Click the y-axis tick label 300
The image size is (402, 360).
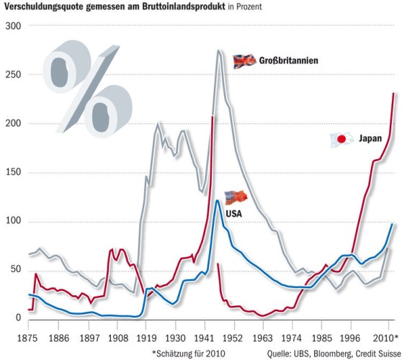point(12,26)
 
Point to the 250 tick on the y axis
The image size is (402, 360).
point(12,75)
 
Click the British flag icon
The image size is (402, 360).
point(244,61)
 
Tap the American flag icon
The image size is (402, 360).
point(235,197)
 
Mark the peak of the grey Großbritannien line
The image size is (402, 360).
point(218,51)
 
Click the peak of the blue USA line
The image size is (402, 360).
point(218,200)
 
